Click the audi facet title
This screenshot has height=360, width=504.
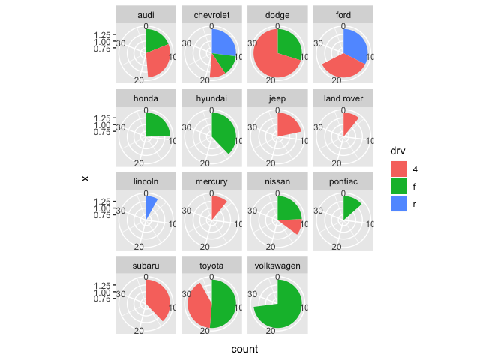coord(146,15)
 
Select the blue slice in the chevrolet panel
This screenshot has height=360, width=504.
coord(223,43)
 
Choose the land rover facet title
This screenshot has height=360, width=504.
coord(343,99)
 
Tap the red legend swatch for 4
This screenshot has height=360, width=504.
coord(399,170)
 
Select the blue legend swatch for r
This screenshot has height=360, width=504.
coord(399,203)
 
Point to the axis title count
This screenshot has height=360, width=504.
coord(245,349)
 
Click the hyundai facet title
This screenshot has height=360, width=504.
coord(211,99)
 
